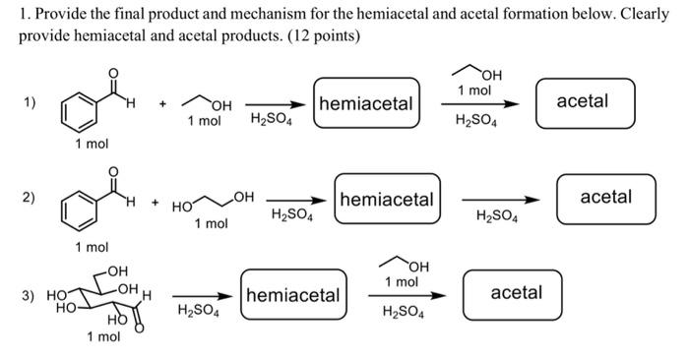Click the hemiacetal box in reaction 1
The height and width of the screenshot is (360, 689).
click(x=365, y=103)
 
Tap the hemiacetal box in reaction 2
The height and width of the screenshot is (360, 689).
click(x=386, y=200)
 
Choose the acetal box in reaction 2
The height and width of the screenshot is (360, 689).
click(x=605, y=199)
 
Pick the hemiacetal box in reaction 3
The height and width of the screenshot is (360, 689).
click(x=292, y=295)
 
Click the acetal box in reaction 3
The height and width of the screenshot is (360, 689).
click(x=516, y=294)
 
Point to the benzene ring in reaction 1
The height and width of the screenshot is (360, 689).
click(x=78, y=110)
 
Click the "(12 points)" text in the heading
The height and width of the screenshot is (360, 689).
click(x=317, y=35)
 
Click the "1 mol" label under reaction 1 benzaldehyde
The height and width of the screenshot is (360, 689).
click(x=93, y=144)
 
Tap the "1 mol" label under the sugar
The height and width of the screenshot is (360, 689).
click(x=103, y=337)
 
